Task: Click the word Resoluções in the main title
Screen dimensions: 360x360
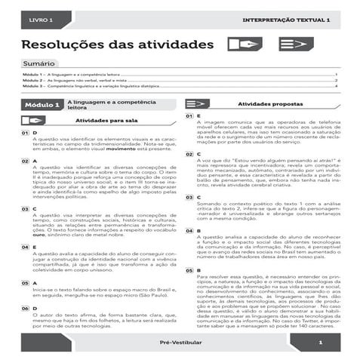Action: pos(67,45)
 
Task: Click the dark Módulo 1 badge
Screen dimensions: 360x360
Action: pos(43,105)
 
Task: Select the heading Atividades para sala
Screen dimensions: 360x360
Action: pos(106,120)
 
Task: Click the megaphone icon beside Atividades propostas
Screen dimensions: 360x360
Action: pos(197,103)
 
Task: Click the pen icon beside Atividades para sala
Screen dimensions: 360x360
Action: pos(32,120)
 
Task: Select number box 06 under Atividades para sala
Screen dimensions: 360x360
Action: pos(25,309)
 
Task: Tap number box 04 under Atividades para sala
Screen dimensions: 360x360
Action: pos(25,247)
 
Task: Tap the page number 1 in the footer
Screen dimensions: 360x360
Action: pos(320,344)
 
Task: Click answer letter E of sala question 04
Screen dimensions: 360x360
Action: pos(35,247)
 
